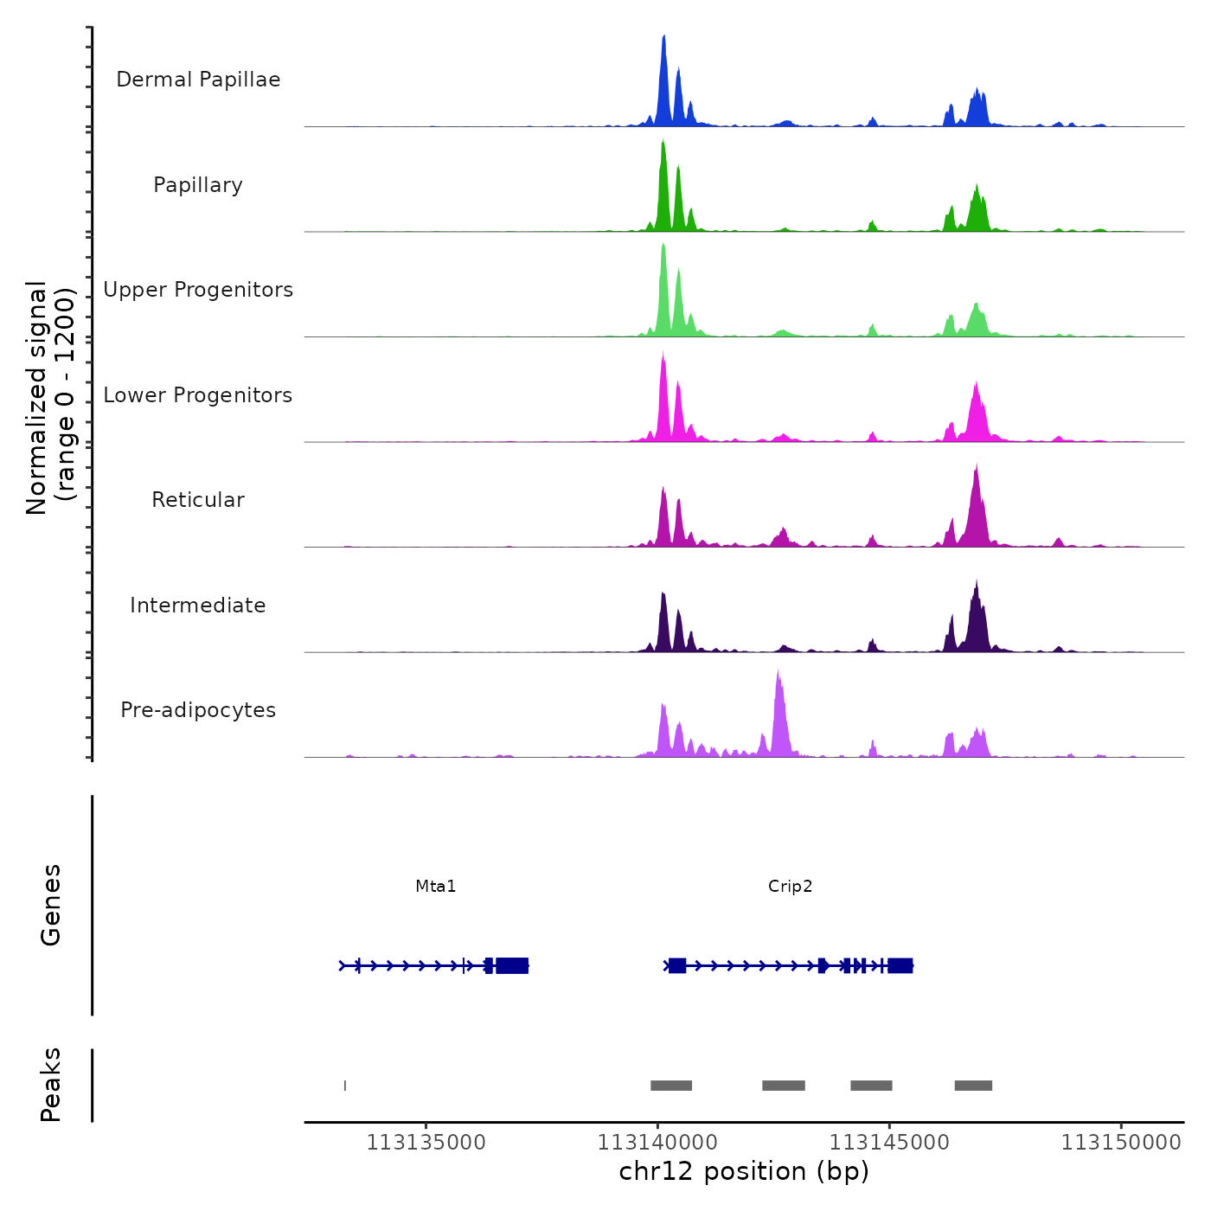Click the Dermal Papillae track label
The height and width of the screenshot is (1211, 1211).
point(198,80)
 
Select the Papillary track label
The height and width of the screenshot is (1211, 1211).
point(198,185)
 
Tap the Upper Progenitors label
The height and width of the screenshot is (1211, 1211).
point(198,290)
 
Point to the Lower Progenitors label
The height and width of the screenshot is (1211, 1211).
point(198,395)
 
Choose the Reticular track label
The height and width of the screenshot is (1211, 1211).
point(198,500)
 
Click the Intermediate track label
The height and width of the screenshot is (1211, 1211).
point(198,605)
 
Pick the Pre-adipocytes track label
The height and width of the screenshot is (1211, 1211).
point(198,710)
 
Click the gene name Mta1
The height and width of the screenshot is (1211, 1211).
point(435,886)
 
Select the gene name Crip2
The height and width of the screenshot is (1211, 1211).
point(790,886)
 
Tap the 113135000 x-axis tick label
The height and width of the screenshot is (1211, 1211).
point(426,1143)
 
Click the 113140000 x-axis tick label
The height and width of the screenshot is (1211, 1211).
point(657,1143)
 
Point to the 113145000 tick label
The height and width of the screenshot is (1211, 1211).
point(889,1143)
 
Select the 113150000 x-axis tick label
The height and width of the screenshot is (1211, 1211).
point(1121,1143)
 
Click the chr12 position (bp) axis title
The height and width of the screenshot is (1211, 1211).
point(744,1171)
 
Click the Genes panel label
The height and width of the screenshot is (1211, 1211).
point(51,905)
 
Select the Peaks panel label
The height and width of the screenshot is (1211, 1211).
point(51,1085)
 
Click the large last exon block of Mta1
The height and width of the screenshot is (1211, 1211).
point(512,965)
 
